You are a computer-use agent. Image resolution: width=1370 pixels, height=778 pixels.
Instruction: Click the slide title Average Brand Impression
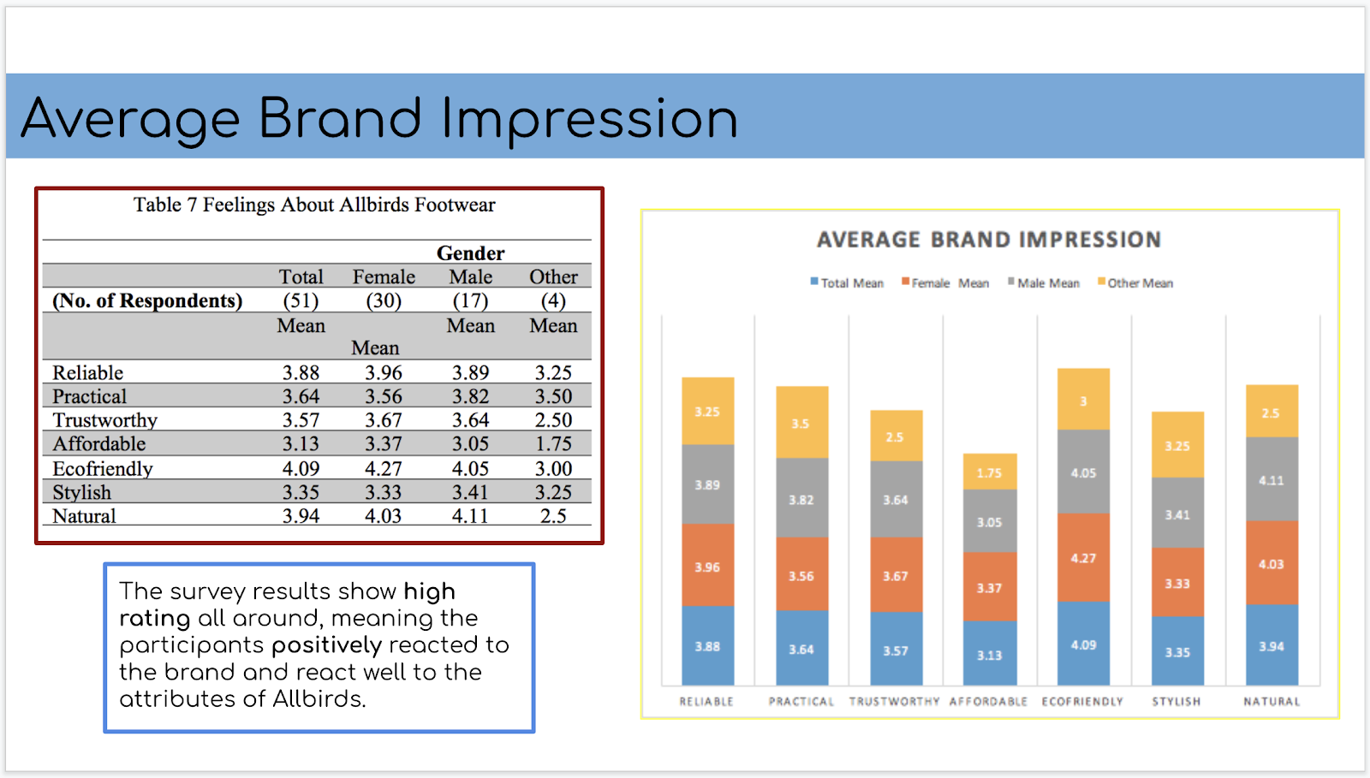(379, 118)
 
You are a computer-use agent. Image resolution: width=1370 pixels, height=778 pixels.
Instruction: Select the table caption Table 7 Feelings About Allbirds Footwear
(314, 205)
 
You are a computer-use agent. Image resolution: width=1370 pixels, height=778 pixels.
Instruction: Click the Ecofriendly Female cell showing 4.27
(383, 468)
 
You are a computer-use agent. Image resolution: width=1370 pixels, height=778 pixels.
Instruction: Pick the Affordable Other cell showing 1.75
(553, 443)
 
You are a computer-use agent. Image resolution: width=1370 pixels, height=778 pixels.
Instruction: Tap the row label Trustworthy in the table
(104, 420)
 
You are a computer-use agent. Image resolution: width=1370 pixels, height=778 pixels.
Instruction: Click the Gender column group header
(470, 253)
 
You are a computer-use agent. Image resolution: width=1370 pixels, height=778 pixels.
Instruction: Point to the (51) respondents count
(301, 300)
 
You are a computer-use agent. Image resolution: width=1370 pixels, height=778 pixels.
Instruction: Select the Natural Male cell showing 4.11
(470, 516)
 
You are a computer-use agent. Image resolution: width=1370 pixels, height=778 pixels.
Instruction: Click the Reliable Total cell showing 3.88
(301, 372)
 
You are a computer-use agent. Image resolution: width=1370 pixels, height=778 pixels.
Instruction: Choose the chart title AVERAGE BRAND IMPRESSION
(989, 240)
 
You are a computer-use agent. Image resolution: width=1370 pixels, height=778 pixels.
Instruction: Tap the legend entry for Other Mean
(1138, 283)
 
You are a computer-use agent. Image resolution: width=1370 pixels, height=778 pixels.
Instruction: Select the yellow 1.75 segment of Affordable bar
(990, 472)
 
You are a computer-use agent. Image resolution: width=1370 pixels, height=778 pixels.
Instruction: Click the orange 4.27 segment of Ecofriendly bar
(1083, 558)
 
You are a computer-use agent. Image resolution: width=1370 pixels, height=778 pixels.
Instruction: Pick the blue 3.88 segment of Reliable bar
(707, 646)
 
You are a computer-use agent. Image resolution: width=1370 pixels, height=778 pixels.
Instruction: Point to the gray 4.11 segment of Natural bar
(1272, 480)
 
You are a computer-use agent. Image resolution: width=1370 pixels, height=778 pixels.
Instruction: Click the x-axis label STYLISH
(1176, 701)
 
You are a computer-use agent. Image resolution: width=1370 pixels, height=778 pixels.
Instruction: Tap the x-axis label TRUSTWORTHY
(895, 701)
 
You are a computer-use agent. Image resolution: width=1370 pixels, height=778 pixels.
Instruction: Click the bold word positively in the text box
(326, 645)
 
